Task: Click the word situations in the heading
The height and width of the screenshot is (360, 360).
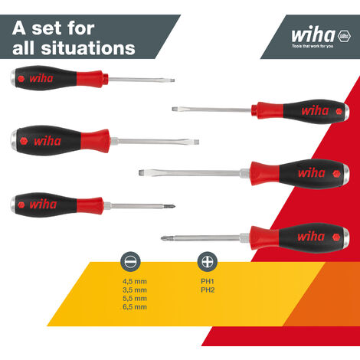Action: (x=90, y=48)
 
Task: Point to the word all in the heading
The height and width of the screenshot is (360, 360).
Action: (x=26, y=48)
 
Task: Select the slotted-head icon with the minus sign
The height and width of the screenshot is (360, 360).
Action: (x=129, y=262)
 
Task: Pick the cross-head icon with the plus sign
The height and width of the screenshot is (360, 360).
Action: (x=206, y=262)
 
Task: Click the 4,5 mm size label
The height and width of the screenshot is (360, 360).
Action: (x=134, y=281)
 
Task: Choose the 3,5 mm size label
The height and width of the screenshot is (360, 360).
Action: (x=134, y=290)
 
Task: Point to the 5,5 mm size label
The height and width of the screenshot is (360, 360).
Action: (x=134, y=298)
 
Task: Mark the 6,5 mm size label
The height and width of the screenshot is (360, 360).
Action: (x=134, y=306)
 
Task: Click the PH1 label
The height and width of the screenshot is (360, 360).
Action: (x=208, y=281)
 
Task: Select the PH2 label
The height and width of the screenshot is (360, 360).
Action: (x=208, y=290)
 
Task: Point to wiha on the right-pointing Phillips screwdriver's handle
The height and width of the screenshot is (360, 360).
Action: (x=42, y=205)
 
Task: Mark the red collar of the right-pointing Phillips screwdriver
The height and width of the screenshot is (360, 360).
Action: (x=90, y=205)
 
